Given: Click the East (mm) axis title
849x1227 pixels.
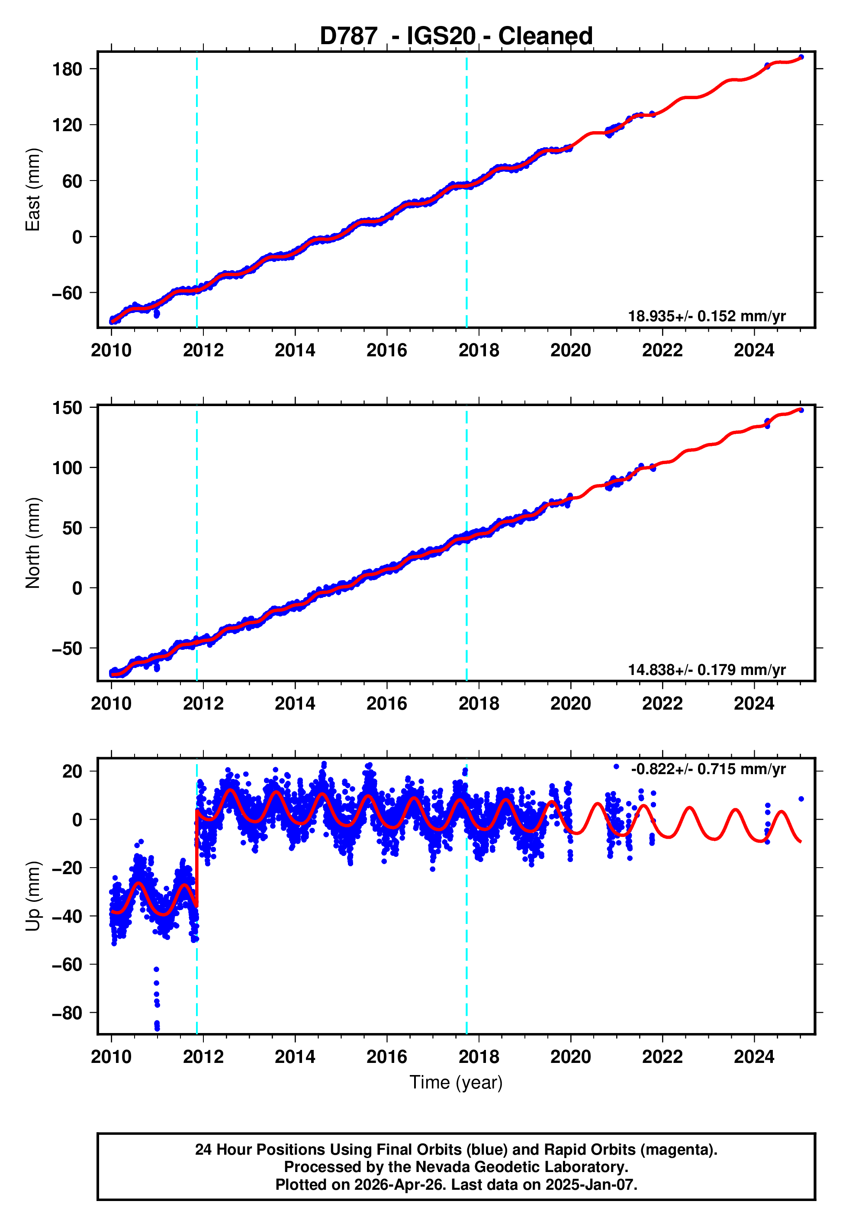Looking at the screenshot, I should [33, 190].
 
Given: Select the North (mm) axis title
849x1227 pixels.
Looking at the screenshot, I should [33, 543].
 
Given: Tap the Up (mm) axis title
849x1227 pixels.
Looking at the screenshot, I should [33, 895].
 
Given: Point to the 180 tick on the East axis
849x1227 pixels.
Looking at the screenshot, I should [67, 69].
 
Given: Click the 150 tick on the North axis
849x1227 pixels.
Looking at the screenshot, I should [67, 408].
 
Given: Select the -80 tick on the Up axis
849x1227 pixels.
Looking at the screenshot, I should [67, 1013].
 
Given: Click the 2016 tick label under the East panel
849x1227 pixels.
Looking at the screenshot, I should [387, 351].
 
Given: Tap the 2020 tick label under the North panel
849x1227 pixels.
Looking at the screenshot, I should [570, 704].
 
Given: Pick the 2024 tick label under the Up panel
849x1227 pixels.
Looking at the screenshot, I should [754, 1056].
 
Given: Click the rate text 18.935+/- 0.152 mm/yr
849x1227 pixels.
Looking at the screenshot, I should [707, 316].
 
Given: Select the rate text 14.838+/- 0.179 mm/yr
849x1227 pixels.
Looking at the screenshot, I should [707, 669].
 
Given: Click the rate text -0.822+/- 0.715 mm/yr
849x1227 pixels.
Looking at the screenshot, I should [708, 769].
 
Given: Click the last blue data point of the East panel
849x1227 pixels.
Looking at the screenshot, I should [801, 57].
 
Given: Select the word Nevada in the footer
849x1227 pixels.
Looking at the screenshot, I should [439, 1167].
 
